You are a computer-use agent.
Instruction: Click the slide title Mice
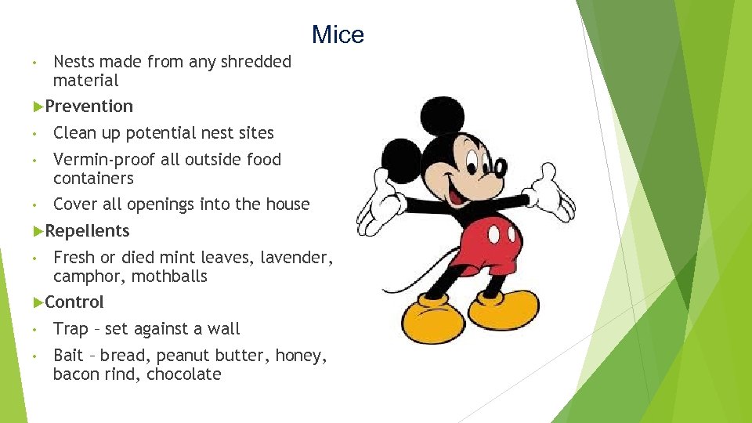(338, 35)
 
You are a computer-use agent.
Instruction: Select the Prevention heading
(89, 106)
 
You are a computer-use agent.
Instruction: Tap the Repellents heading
(87, 230)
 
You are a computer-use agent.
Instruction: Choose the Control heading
(74, 302)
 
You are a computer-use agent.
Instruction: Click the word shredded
(257, 61)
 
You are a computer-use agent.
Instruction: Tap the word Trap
(70, 329)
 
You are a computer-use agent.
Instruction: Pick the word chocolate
(184, 374)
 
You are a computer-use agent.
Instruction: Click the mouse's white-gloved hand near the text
(377, 202)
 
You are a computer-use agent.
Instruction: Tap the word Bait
(69, 356)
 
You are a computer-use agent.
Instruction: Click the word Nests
(75, 61)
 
